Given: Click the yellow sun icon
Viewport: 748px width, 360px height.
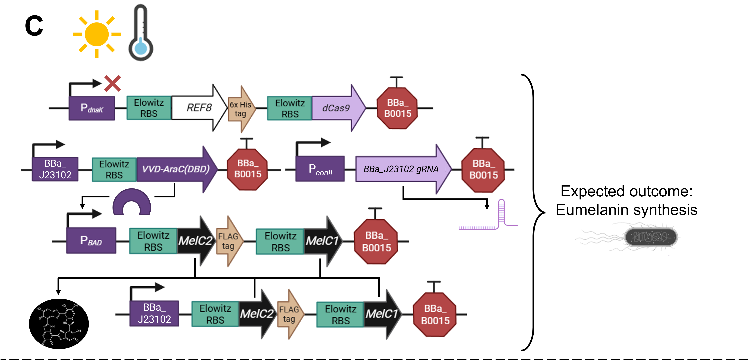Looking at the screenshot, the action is point(97,34).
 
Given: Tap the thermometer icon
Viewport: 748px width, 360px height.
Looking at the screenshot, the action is point(141,32).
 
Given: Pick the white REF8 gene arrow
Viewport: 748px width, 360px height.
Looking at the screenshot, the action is point(199,108).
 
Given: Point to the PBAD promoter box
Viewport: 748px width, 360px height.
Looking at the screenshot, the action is point(91,240).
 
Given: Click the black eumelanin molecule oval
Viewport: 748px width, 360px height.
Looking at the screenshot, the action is point(59,324).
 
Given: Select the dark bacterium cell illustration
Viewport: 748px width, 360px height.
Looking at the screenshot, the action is point(650,237).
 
